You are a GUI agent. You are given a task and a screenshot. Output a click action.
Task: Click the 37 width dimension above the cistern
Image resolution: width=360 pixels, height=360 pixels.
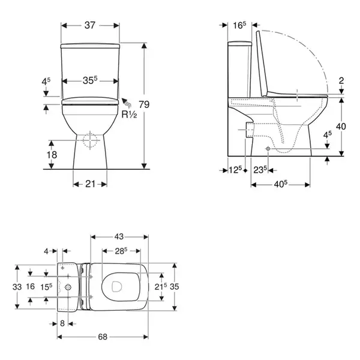(90, 25)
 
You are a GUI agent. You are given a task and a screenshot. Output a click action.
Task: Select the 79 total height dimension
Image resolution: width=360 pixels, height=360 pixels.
(144, 104)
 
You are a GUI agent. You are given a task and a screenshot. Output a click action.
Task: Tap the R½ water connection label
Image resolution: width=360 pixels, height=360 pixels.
(129, 115)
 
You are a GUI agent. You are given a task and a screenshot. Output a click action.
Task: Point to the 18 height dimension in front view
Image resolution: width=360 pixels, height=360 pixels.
(52, 155)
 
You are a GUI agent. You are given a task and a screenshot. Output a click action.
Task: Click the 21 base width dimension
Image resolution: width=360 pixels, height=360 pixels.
(90, 184)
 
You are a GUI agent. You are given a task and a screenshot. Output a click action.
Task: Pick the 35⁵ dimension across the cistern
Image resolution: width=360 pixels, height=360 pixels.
(90, 80)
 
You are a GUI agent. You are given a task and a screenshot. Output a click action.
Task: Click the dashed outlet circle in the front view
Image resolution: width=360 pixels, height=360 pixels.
(90, 140)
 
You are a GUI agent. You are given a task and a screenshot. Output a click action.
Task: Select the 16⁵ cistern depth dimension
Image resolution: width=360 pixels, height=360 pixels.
(239, 25)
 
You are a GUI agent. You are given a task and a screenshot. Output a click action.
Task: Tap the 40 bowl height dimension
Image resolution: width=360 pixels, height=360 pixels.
(341, 126)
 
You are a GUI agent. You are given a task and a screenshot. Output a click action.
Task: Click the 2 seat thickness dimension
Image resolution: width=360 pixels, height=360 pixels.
(341, 80)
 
